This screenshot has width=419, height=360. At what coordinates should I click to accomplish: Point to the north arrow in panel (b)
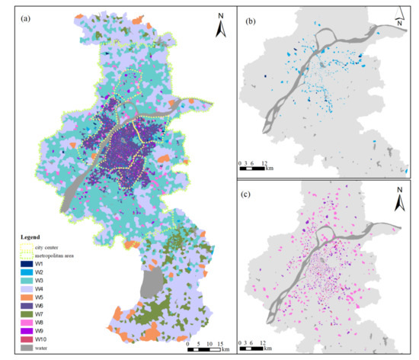[x=400, y=20]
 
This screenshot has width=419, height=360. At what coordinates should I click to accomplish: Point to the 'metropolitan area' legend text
[x=53, y=255]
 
